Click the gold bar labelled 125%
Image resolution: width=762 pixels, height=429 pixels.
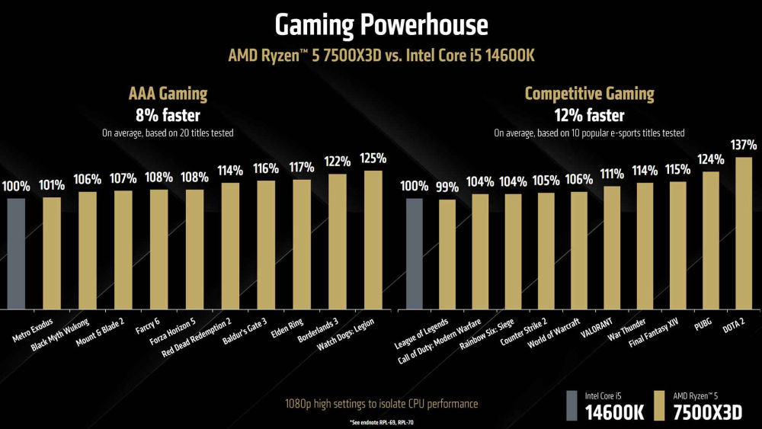pos(373,240)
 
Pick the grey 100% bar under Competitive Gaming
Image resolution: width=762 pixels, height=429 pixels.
pos(415,253)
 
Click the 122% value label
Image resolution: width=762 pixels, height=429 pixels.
pos(337,162)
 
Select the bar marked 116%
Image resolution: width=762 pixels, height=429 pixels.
pos(266,245)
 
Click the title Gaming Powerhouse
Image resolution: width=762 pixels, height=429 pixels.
pos(381,25)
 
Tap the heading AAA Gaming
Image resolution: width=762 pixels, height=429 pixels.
pos(168,94)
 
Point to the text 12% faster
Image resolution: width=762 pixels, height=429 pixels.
pos(589,115)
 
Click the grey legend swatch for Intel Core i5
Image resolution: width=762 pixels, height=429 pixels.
pos(571,405)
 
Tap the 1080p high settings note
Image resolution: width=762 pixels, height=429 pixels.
pos(380,403)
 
